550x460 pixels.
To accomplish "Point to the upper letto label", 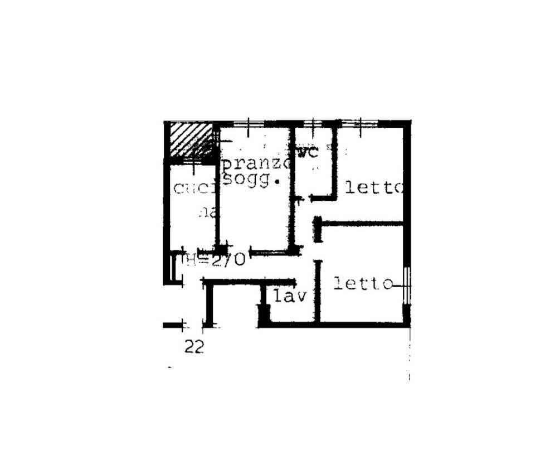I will tap(373, 187).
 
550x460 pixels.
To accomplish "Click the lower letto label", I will tap(363, 284).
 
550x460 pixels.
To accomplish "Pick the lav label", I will tap(289, 296).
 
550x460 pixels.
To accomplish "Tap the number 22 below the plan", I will tap(194, 347).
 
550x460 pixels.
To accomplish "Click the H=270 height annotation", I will tap(215, 260).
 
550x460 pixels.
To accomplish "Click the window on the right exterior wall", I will tap(407, 285).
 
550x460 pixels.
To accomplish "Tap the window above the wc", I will tap(314, 123).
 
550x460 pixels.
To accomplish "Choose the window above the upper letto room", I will tap(359, 123).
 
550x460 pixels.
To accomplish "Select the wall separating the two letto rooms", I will tap(362, 224).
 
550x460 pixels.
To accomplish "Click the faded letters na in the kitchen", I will tap(209, 212).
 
